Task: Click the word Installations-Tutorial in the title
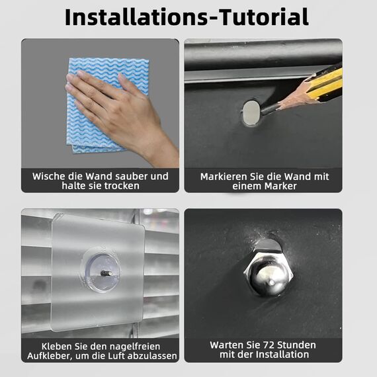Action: click(x=187, y=17)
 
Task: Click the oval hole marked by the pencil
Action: click(x=251, y=113)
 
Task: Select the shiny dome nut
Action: click(x=269, y=274)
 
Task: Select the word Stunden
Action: click(x=296, y=345)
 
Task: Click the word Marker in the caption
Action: click(x=280, y=186)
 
